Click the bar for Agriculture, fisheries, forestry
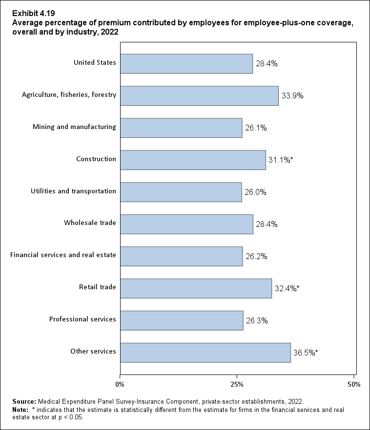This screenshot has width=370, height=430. (x=199, y=96)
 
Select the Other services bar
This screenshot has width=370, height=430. (x=205, y=353)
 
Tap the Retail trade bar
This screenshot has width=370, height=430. (x=196, y=288)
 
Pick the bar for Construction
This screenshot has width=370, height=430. (x=193, y=160)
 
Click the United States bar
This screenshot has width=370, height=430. (x=186, y=64)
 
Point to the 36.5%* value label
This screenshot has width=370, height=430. (x=306, y=353)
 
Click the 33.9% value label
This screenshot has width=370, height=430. (x=292, y=96)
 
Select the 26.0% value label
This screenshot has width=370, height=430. (x=256, y=192)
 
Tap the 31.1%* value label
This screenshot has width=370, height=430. (x=281, y=160)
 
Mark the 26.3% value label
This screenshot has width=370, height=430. (x=257, y=320)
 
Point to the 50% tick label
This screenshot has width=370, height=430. (x=354, y=385)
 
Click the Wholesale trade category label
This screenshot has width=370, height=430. (x=90, y=223)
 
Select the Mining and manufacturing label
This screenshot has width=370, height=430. (x=74, y=127)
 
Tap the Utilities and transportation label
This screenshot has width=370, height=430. (x=73, y=191)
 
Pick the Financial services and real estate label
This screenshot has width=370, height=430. (x=63, y=255)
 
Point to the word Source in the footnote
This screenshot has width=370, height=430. (x=24, y=402)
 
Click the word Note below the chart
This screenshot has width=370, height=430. (x=21, y=410)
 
